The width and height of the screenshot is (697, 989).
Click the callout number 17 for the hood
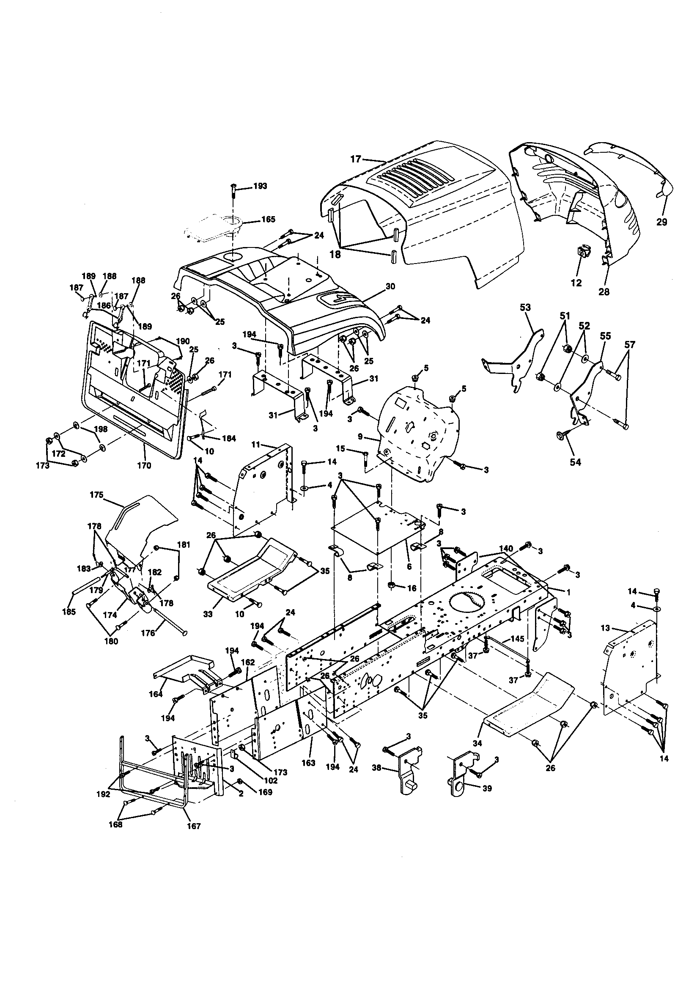[x=355, y=159]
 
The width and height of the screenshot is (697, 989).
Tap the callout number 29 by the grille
[x=661, y=222]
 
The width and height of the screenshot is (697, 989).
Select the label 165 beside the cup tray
[x=269, y=220]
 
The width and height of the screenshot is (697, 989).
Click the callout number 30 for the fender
[x=390, y=286]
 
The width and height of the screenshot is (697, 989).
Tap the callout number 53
[x=525, y=308]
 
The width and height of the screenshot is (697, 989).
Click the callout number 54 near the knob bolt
[x=575, y=462]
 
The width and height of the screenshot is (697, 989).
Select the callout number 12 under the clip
[x=576, y=283]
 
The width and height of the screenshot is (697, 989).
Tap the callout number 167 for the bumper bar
[x=194, y=826]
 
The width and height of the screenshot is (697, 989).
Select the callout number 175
[x=96, y=495]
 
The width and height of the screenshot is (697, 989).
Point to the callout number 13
[x=606, y=629]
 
